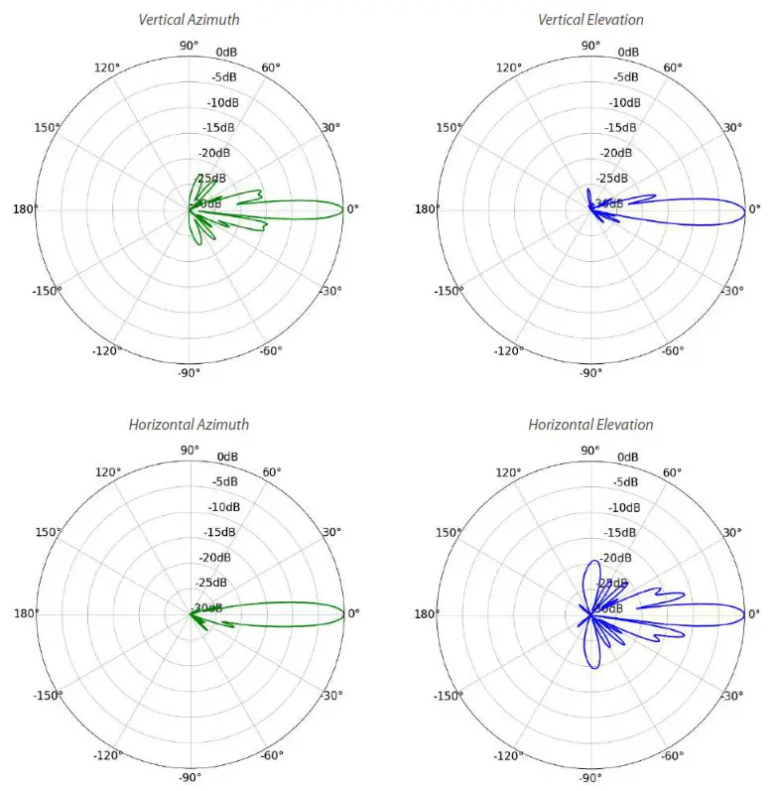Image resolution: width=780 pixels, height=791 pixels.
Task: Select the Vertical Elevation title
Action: [590, 19]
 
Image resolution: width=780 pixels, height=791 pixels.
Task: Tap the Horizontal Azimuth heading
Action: [189, 424]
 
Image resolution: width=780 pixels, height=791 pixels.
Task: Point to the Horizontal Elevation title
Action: [590, 424]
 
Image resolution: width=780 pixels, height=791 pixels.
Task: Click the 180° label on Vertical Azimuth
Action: [25, 208]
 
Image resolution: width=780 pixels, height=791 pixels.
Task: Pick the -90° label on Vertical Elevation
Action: [590, 373]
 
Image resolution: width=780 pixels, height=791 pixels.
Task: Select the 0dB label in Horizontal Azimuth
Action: [227, 457]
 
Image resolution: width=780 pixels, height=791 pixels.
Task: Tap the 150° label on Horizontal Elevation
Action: [450, 532]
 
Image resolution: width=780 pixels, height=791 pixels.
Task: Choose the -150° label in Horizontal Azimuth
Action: [47, 696]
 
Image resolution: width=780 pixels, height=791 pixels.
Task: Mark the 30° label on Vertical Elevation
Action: [731, 127]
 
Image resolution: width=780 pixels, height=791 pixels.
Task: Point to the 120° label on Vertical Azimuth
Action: [107, 66]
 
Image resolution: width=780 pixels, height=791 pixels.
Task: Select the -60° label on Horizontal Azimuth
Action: [271, 756]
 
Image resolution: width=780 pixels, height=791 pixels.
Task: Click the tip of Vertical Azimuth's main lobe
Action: [343, 208]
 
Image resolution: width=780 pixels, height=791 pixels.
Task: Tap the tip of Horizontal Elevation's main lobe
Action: [744, 612]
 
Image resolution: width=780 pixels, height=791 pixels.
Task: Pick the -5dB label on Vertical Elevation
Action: [624, 76]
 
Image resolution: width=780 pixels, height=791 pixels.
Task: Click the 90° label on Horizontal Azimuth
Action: [189, 450]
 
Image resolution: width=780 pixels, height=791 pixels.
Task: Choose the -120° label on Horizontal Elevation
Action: [508, 756]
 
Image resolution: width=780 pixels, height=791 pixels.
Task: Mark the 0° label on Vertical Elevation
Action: [754, 208]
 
